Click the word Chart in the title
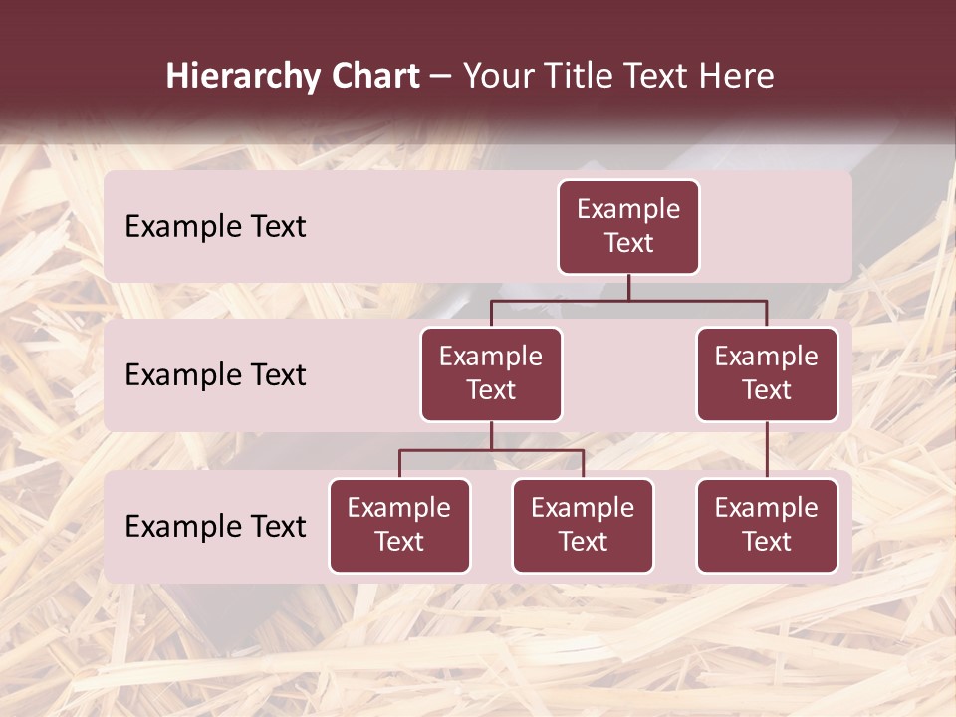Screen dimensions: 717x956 [373, 77]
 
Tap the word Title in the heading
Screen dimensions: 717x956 [577, 77]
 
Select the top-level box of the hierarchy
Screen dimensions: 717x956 [628, 227]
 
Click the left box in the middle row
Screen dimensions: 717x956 [491, 374]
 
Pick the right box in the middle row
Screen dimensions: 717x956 [767, 374]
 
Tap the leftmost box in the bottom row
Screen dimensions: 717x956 [399, 526]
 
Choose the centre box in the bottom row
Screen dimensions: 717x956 [583, 526]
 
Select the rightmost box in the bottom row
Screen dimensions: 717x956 [767, 526]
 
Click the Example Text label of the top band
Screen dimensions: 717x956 [215, 227]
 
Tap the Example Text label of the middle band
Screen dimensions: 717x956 [215, 375]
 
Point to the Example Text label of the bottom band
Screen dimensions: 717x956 [215, 526]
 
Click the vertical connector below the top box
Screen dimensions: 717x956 [628, 287]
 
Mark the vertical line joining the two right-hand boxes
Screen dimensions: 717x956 [767, 450]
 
